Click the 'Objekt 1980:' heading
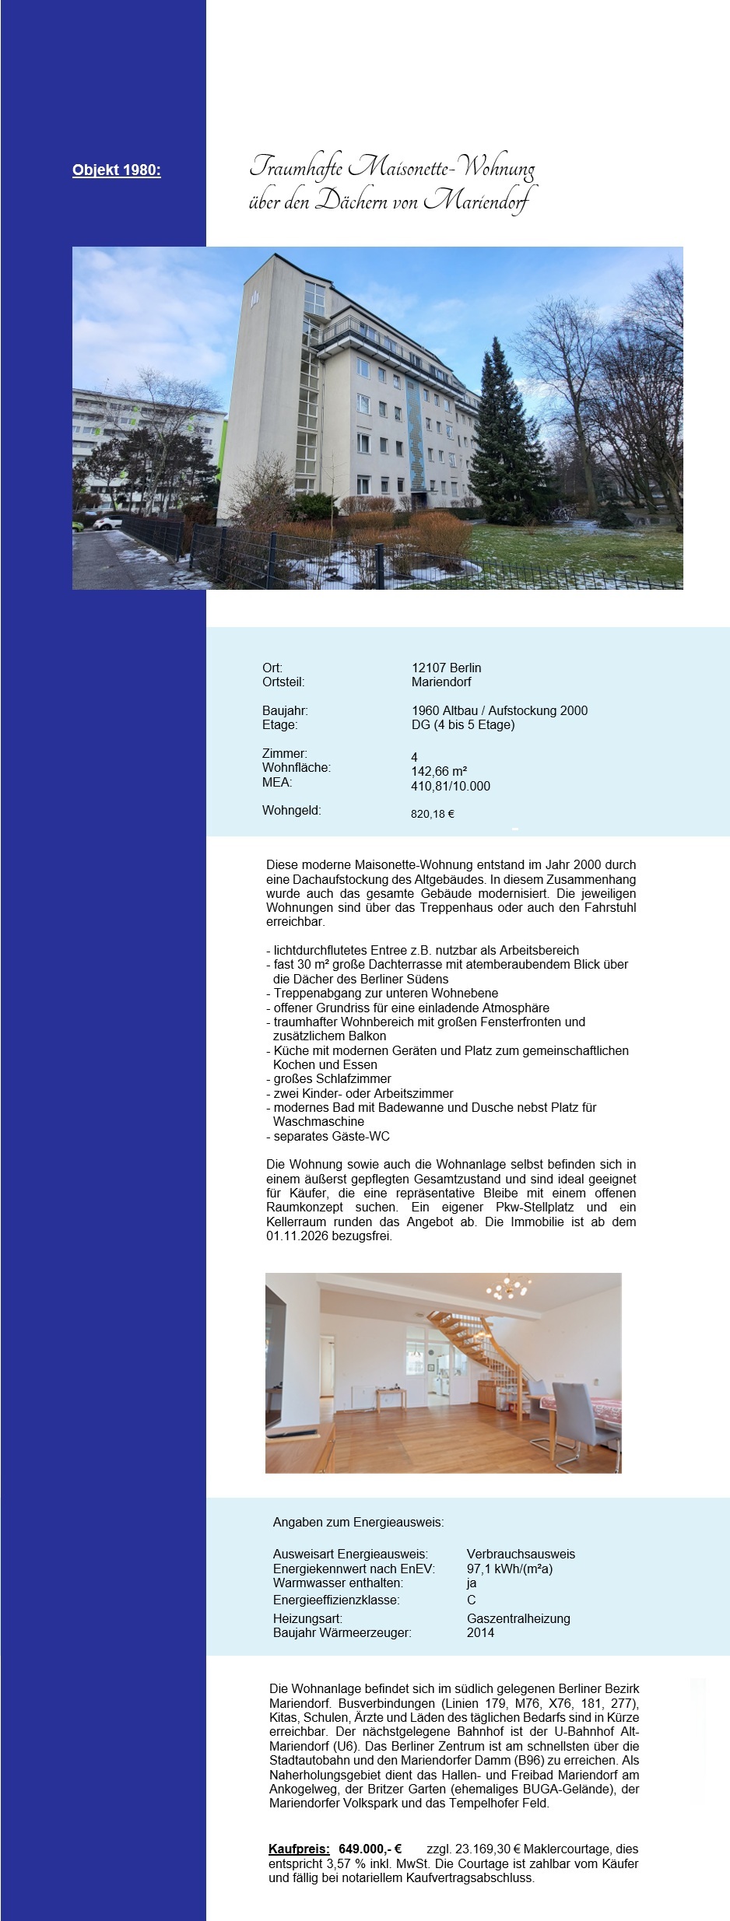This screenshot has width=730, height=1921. click(117, 170)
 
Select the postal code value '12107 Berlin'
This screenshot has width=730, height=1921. click(446, 668)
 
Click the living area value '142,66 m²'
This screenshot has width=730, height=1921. click(439, 771)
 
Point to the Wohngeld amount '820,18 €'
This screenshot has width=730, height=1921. click(433, 814)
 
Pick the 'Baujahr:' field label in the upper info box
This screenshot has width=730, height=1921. click(285, 710)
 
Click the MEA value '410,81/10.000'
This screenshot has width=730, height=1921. click(451, 786)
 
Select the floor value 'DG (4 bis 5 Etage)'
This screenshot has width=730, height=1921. click(463, 724)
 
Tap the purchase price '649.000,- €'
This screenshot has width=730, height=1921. click(370, 1849)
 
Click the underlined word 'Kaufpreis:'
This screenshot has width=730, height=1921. click(299, 1849)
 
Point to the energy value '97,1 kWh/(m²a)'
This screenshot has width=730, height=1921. click(510, 1569)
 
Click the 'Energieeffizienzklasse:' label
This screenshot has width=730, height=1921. click(336, 1600)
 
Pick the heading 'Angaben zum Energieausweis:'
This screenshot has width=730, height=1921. click(358, 1522)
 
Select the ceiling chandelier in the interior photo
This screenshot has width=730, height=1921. click(507, 1288)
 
